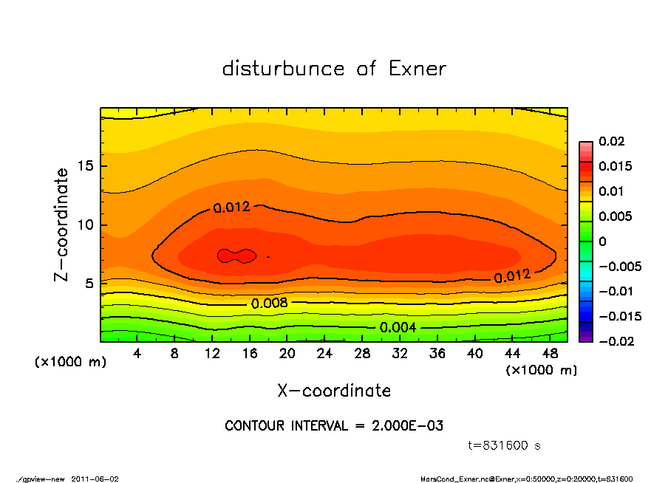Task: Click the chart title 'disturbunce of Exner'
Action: coord(334,69)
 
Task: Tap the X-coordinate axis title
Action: coord(334,390)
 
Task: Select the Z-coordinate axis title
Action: coord(62,225)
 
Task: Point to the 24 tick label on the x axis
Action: coord(325,354)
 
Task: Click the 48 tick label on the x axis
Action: coord(551,354)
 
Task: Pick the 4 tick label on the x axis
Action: coord(137,354)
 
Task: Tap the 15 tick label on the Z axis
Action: coord(86,166)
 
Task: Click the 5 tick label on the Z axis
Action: coord(89,284)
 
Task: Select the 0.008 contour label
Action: coord(269,304)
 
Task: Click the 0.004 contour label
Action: coord(398,327)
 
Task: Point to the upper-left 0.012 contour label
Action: coord(231,208)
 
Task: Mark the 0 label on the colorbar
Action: coord(602,241)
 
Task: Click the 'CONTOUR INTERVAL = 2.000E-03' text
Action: coord(333,426)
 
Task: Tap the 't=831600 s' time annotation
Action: coord(505,445)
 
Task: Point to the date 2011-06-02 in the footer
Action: coord(95,479)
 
